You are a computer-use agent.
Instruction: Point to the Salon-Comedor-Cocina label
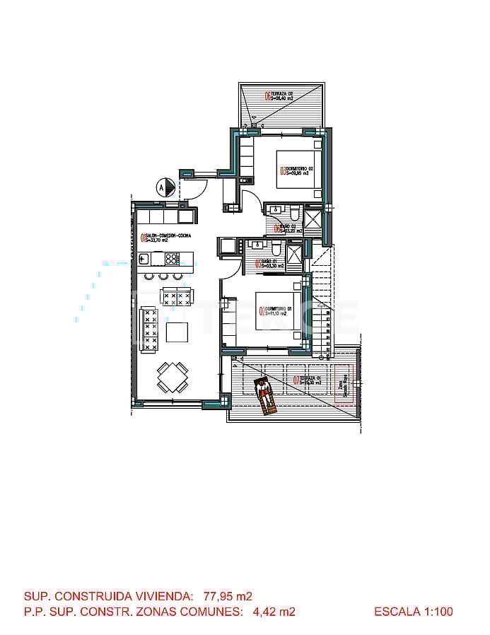166,238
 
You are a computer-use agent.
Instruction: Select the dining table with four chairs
173,377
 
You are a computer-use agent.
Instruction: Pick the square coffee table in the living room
177,332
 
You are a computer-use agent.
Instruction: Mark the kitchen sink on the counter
144,258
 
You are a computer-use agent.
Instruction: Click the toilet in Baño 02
293,213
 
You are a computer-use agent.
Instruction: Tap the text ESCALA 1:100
413,612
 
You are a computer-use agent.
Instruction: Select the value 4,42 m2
274,612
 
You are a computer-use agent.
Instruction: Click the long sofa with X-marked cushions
149,329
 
